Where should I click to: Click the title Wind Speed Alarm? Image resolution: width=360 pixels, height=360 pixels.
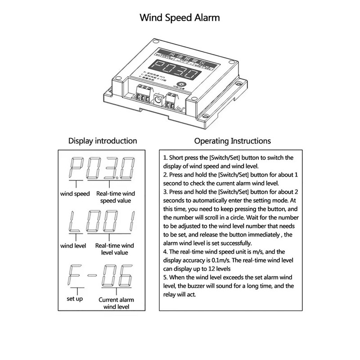(180, 18)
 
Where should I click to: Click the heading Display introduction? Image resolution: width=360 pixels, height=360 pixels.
(102, 141)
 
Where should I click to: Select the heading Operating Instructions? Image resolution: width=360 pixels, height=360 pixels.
(232, 141)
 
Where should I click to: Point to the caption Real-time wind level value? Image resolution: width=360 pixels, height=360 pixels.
(115, 250)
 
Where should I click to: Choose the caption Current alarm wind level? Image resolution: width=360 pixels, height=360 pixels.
(116, 303)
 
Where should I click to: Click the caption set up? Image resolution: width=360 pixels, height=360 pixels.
(75, 298)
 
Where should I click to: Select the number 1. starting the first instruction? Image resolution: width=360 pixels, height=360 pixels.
(166, 158)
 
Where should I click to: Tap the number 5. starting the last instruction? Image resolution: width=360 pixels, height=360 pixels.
(166, 278)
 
